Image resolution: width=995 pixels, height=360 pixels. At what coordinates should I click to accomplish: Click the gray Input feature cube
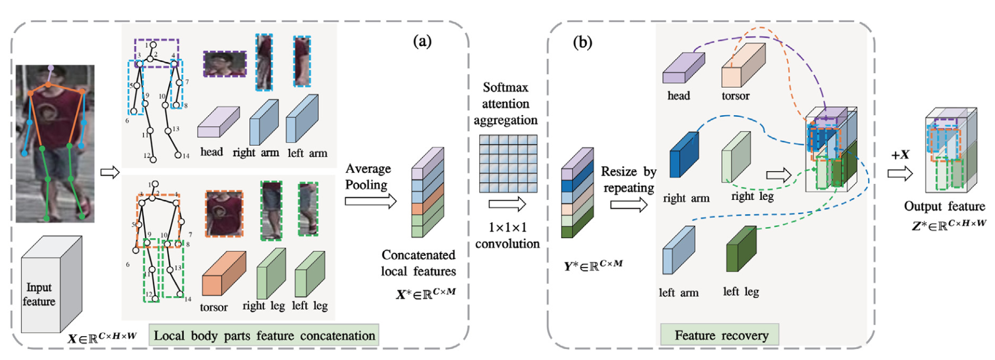(x=52, y=285)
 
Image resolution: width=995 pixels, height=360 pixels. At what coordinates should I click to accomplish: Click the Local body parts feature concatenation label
(x=264, y=336)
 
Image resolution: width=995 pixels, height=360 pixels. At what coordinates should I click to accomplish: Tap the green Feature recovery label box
(x=720, y=335)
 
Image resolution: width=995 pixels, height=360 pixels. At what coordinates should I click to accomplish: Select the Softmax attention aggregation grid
(x=508, y=163)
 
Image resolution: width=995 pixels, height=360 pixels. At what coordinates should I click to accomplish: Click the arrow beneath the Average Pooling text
(x=370, y=201)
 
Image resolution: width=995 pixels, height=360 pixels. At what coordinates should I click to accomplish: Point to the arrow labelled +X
(x=899, y=174)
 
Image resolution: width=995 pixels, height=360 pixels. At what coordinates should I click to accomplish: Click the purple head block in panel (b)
(x=683, y=69)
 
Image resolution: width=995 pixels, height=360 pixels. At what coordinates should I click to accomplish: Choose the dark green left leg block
(x=741, y=249)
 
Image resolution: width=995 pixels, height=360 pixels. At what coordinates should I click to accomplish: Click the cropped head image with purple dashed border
(x=224, y=64)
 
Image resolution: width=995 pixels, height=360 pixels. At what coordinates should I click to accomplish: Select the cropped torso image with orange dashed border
(x=224, y=214)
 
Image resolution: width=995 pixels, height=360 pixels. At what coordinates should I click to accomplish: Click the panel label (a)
(x=422, y=42)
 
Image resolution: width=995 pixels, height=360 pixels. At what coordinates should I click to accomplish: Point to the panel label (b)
(x=582, y=43)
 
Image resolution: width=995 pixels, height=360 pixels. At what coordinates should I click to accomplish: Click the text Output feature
(x=944, y=207)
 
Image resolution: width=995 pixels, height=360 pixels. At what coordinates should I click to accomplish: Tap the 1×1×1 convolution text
(x=507, y=235)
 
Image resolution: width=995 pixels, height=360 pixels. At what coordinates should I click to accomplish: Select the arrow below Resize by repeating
(x=628, y=205)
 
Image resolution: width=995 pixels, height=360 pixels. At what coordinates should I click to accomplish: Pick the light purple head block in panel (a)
(x=218, y=122)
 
